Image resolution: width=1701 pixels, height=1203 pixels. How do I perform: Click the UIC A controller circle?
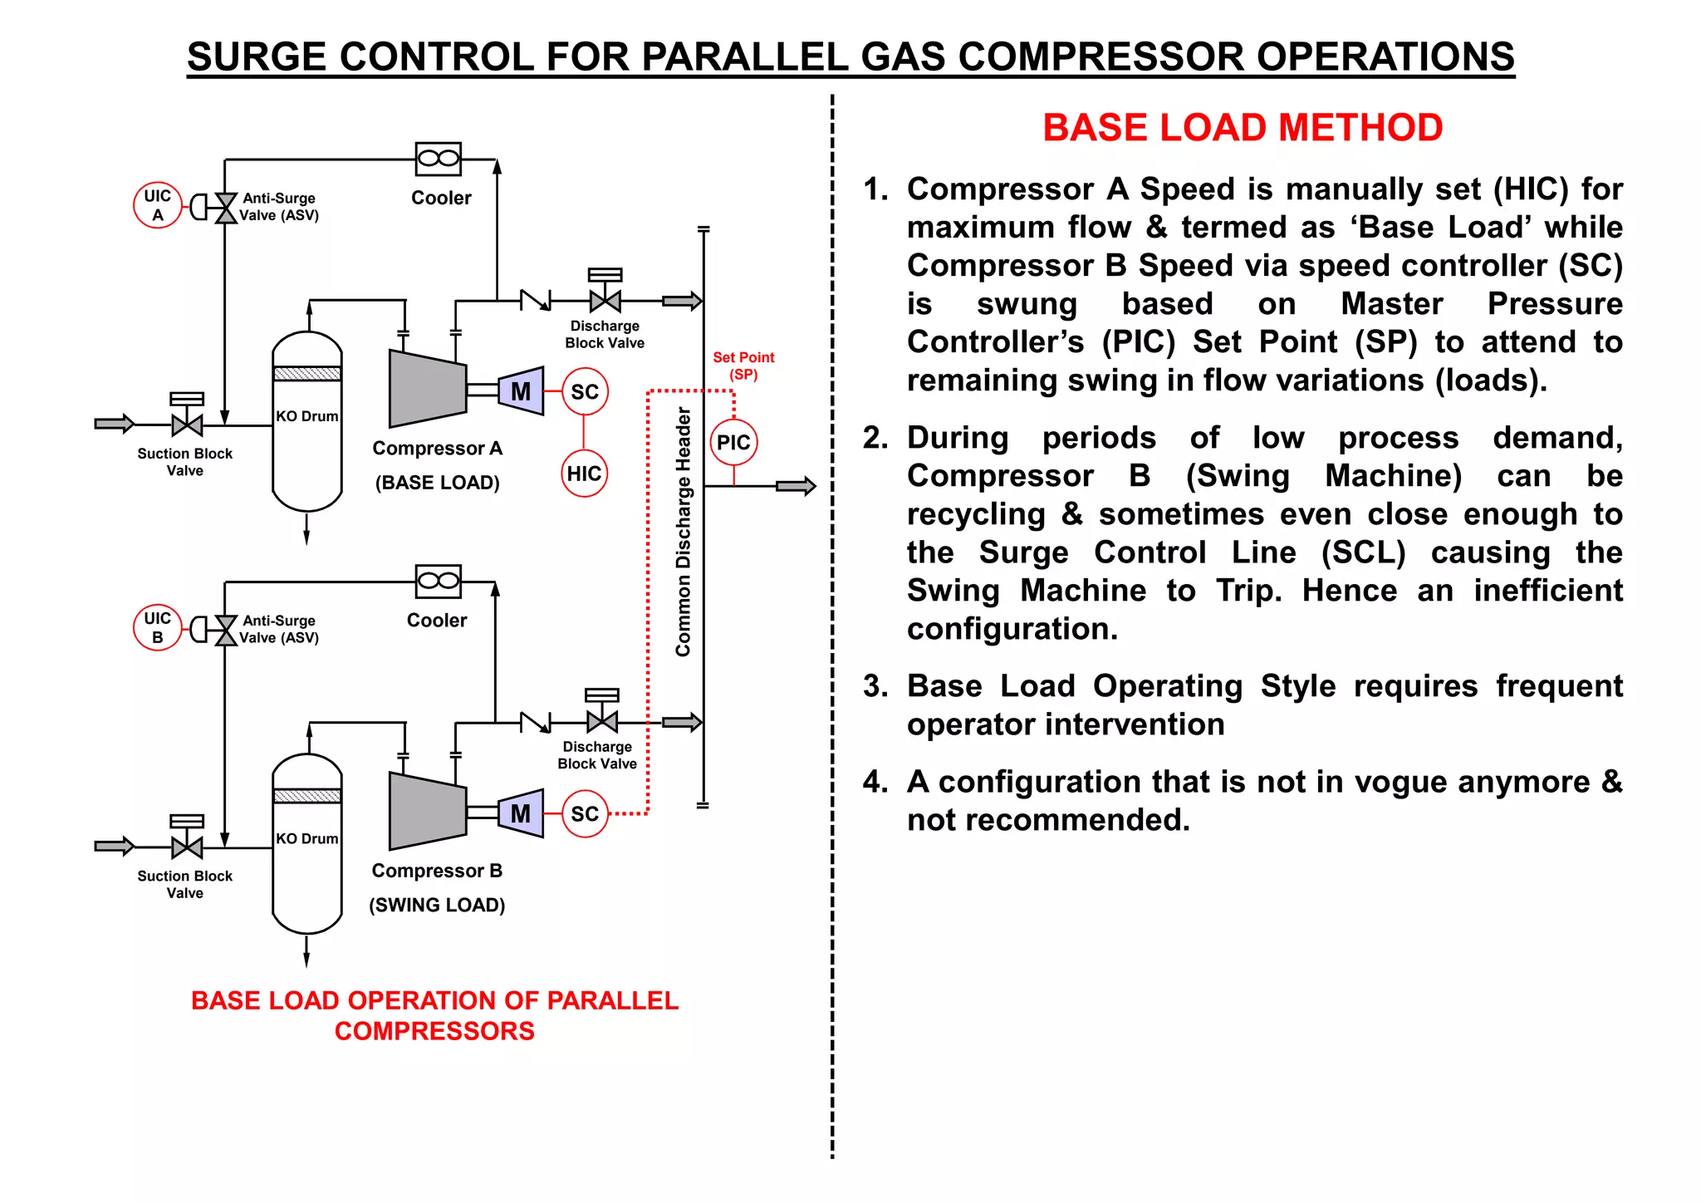point(157,205)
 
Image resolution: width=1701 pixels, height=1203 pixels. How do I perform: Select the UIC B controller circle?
point(157,627)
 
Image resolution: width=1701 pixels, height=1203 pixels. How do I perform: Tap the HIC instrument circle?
point(584,474)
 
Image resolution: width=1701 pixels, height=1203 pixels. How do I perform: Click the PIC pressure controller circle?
point(733,442)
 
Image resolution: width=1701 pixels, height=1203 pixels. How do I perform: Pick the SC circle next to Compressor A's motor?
point(585,391)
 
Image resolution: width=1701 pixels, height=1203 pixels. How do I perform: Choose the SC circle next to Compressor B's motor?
point(585,813)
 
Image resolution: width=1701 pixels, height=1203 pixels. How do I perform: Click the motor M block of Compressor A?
point(521,391)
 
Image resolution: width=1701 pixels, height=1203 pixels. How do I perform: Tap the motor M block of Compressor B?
point(521,813)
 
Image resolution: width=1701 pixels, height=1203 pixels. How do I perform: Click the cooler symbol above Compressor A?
point(439,159)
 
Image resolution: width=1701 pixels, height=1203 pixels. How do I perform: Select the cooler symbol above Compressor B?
point(439,581)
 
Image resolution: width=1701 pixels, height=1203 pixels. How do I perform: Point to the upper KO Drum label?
point(307,416)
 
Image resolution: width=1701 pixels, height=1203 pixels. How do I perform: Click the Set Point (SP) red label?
point(743,366)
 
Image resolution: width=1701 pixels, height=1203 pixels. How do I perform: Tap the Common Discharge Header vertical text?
point(684,532)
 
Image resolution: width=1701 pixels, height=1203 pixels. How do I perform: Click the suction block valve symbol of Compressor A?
point(187,425)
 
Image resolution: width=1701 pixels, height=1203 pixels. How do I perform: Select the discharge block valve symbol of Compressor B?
point(602,721)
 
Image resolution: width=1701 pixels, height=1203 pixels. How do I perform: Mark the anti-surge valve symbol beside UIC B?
point(225,630)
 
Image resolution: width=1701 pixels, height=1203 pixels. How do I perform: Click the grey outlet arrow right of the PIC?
point(796,486)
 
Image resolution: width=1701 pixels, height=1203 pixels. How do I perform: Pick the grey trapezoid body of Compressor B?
point(427,812)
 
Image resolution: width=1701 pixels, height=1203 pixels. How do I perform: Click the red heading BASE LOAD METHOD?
point(1243,128)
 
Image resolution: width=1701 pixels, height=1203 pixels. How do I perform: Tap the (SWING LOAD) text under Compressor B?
point(437,905)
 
